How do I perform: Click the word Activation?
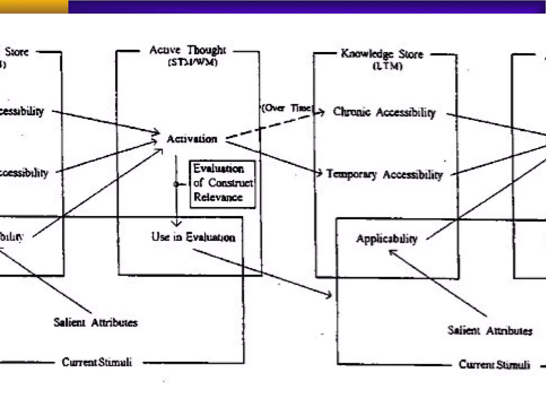[x=192, y=139]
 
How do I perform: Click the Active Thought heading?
[x=188, y=50]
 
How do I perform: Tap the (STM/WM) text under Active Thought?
[x=192, y=62]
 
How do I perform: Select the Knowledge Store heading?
[x=382, y=54]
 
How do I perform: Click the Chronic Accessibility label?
[x=384, y=112]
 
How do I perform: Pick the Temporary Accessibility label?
[x=384, y=174]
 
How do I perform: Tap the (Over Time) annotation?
[x=286, y=108]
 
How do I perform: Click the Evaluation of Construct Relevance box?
[x=222, y=184]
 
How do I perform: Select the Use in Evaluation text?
[x=193, y=237]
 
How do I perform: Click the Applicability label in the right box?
[x=387, y=238]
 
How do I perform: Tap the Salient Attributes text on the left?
[x=95, y=322]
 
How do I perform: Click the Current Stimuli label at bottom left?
[x=97, y=362]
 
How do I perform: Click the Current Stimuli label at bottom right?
[x=494, y=364]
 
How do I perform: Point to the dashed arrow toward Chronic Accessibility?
[x=269, y=127]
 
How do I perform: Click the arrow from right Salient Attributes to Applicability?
[x=437, y=283]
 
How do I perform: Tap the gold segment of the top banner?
[x=34, y=7]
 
